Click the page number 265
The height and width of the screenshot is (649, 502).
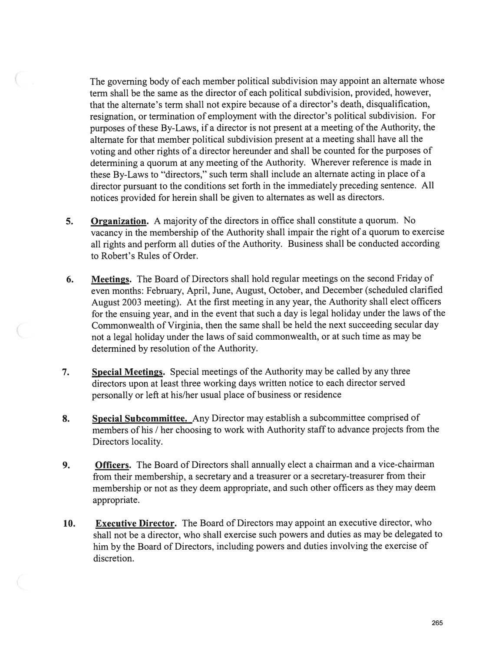[x=437, y=623]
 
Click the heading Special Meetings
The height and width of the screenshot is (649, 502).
[x=129, y=372]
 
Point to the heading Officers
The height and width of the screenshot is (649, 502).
[x=112, y=465]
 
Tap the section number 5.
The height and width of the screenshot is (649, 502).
[x=69, y=221]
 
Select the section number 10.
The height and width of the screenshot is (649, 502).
[x=69, y=523]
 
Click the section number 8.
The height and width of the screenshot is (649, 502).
[x=66, y=419]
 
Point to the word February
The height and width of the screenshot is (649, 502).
[x=163, y=290]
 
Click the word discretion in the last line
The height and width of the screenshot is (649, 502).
[x=113, y=558]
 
